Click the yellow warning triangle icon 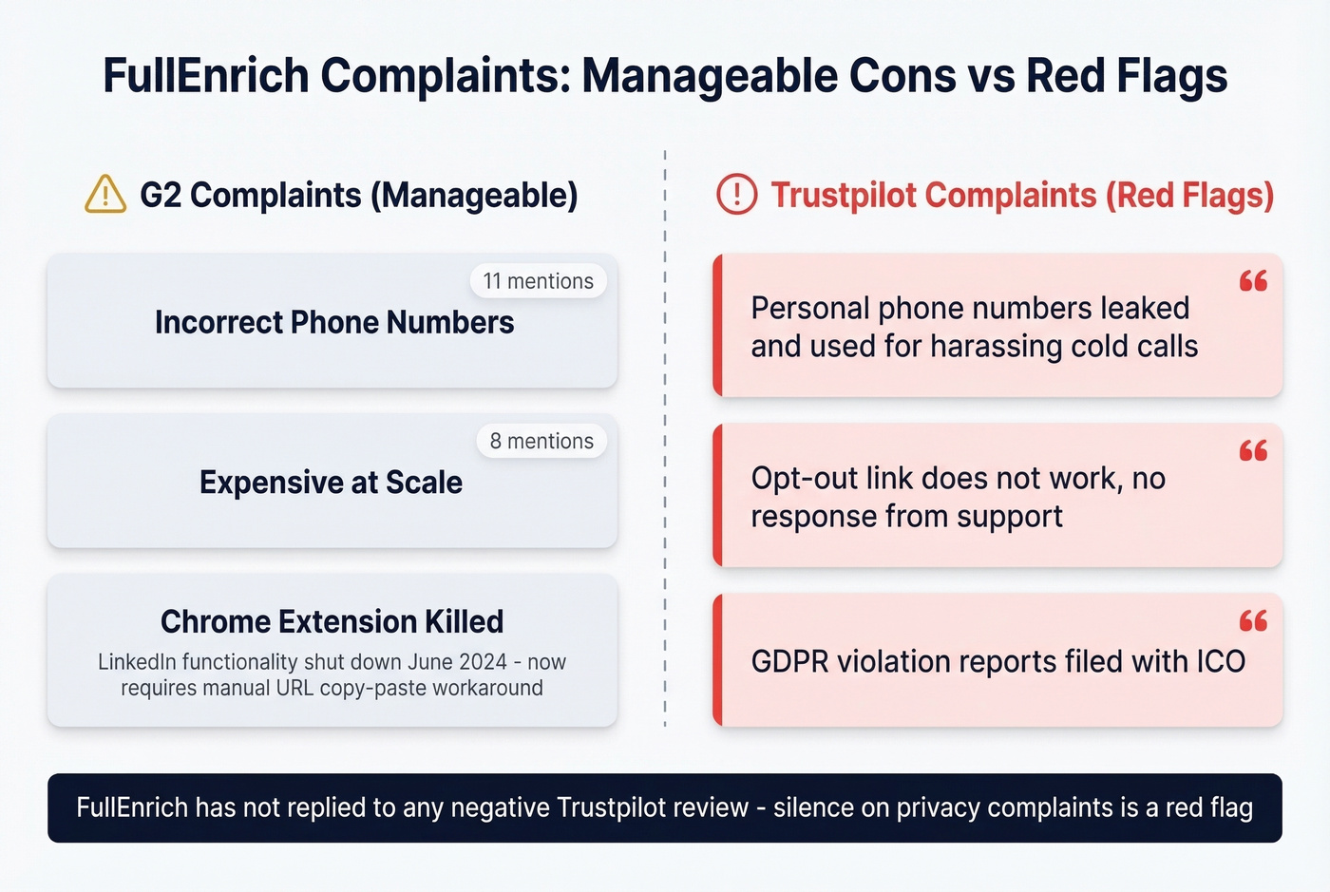click(105, 195)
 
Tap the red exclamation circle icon click(736, 195)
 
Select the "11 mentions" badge click(538, 281)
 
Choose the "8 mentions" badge click(541, 441)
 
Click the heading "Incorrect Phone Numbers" click(334, 323)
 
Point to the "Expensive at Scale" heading click(331, 483)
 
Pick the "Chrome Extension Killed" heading click(332, 621)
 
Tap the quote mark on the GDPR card click(1253, 621)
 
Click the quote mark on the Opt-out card click(1253, 450)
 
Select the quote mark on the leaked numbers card click(1253, 280)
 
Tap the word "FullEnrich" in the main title click(206, 76)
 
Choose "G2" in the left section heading click(161, 195)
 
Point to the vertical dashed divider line click(665, 437)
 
